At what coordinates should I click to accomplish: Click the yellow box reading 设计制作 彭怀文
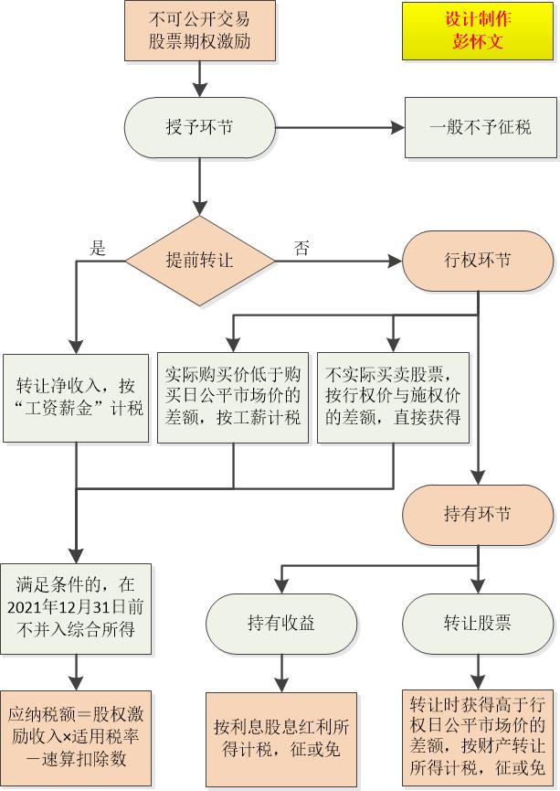(x=478, y=31)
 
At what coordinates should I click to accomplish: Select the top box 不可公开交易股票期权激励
(x=200, y=31)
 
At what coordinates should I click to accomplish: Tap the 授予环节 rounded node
(x=200, y=128)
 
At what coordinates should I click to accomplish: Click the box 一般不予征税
(x=481, y=128)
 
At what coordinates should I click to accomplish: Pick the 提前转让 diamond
(x=200, y=261)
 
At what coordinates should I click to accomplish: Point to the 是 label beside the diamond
(x=98, y=248)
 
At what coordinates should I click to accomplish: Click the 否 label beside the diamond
(x=301, y=248)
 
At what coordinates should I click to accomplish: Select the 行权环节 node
(x=478, y=261)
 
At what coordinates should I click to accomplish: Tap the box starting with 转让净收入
(x=76, y=398)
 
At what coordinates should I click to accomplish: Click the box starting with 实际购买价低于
(x=233, y=398)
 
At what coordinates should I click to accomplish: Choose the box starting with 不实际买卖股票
(x=393, y=398)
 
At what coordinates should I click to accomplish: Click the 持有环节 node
(x=478, y=515)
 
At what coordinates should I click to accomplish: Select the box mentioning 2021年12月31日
(x=76, y=609)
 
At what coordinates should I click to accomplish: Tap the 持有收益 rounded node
(x=281, y=624)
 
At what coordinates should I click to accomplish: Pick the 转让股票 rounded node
(x=478, y=624)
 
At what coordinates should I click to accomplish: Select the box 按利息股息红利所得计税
(x=281, y=740)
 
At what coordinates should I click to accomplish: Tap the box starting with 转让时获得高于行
(x=478, y=738)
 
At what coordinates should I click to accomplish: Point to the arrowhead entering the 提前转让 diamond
(x=200, y=208)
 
